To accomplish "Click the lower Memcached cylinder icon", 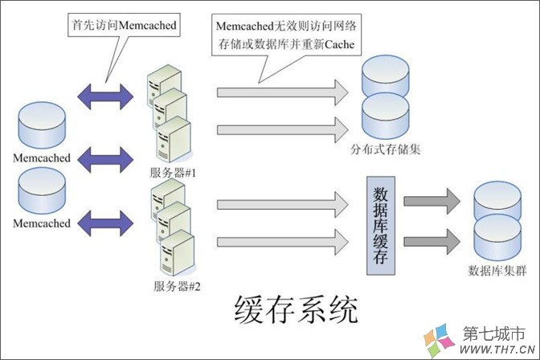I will click(x=41, y=191).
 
